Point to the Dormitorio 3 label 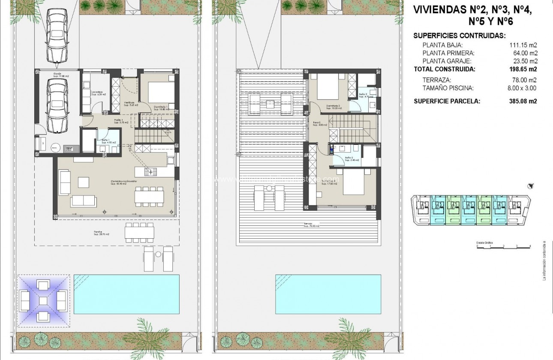tap(333, 106)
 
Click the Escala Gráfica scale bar tap(503, 246)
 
